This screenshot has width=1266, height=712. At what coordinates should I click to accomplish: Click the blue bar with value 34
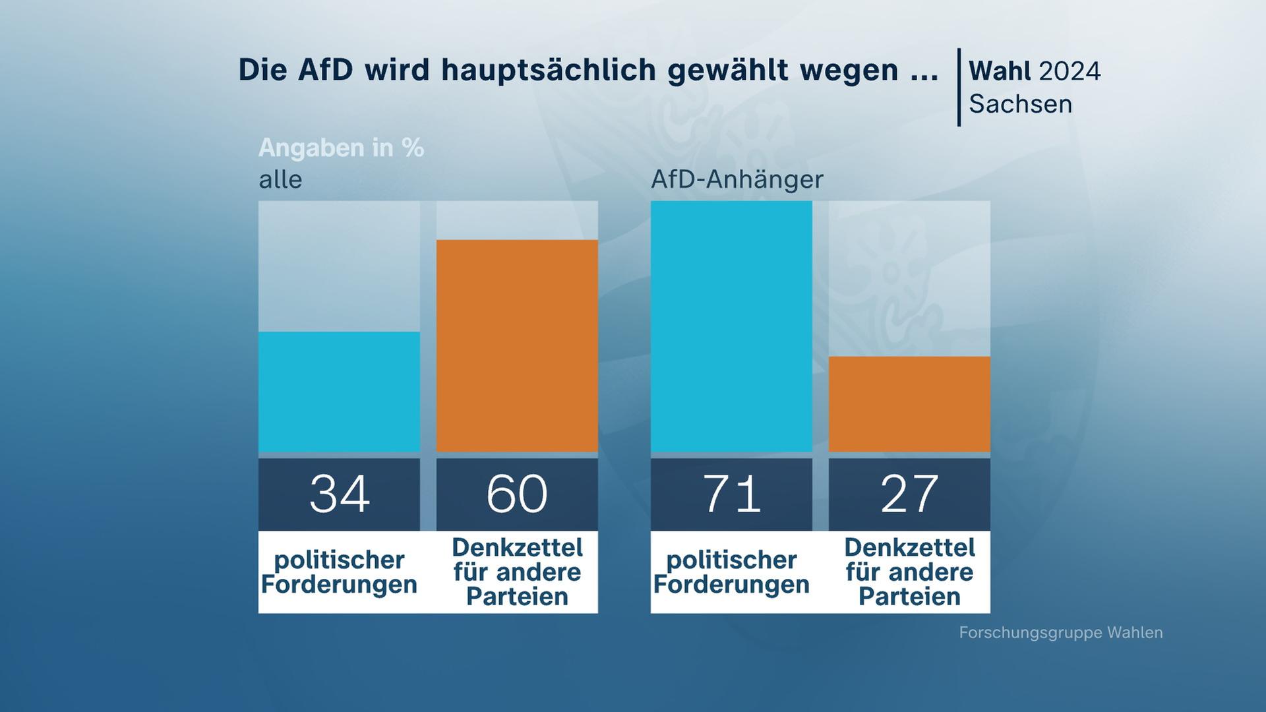pyautogui.click(x=339, y=392)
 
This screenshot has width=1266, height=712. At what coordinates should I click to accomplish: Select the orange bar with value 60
pyautogui.click(x=517, y=345)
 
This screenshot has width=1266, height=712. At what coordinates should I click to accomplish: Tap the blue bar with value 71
pyautogui.click(x=731, y=326)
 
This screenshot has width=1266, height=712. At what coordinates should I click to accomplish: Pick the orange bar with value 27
pyautogui.click(x=909, y=404)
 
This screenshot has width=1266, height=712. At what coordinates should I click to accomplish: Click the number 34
pyautogui.click(x=339, y=494)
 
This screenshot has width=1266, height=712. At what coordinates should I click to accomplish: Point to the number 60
pyautogui.click(x=517, y=494)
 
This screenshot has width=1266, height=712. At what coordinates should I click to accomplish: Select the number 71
pyautogui.click(x=731, y=494)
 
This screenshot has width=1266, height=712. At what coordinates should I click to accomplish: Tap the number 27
pyautogui.click(x=909, y=494)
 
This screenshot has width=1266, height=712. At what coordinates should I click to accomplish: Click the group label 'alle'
pyautogui.click(x=280, y=179)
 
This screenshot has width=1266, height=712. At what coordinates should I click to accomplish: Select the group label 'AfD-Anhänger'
pyautogui.click(x=737, y=179)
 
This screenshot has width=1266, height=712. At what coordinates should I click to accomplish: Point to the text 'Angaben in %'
pyautogui.click(x=341, y=148)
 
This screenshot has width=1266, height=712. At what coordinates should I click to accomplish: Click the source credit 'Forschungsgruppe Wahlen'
pyautogui.click(x=1060, y=633)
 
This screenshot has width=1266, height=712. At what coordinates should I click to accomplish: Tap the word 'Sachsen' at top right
pyautogui.click(x=1020, y=104)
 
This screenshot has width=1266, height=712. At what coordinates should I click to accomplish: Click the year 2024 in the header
pyautogui.click(x=1070, y=71)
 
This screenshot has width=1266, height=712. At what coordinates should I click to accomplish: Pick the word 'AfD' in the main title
pyautogui.click(x=325, y=70)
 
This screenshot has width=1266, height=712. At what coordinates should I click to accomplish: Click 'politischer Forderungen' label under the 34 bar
pyautogui.click(x=339, y=572)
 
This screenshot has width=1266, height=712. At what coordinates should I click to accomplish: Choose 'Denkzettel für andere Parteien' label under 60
pyautogui.click(x=517, y=572)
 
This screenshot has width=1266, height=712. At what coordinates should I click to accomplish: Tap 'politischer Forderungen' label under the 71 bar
pyautogui.click(x=731, y=572)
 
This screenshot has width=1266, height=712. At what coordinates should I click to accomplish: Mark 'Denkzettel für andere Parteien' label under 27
pyautogui.click(x=909, y=572)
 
